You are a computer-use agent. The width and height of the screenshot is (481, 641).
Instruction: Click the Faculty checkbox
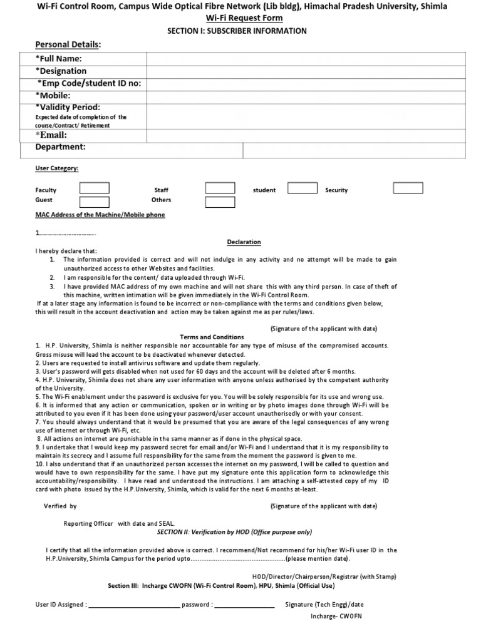[x=94, y=188]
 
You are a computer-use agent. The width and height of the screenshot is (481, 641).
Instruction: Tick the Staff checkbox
[x=220, y=188]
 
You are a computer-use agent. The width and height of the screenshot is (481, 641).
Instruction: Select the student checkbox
[x=301, y=188]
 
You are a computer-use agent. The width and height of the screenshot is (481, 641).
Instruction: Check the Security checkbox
[x=408, y=188]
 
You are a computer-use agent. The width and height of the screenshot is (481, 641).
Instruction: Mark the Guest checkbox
[x=94, y=201]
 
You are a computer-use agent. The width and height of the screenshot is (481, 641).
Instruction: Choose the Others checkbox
[x=220, y=201]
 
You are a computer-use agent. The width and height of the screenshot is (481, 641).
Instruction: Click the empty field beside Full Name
[x=306, y=58]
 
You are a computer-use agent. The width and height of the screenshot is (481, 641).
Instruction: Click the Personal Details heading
[x=68, y=44]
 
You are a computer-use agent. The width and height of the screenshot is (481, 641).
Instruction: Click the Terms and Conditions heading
[x=212, y=337]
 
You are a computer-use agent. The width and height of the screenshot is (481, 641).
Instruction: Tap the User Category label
[x=57, y=168]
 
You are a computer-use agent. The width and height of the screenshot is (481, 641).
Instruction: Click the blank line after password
[x=245, y=606]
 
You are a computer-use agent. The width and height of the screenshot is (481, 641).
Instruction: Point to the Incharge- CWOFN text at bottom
[x=336, y=616]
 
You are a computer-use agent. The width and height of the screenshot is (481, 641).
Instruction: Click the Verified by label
[x=60, y=506]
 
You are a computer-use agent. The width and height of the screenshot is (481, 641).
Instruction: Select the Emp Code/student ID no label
[x=88, y=84]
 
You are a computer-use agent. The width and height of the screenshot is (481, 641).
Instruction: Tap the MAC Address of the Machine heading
[x=100, y=215]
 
